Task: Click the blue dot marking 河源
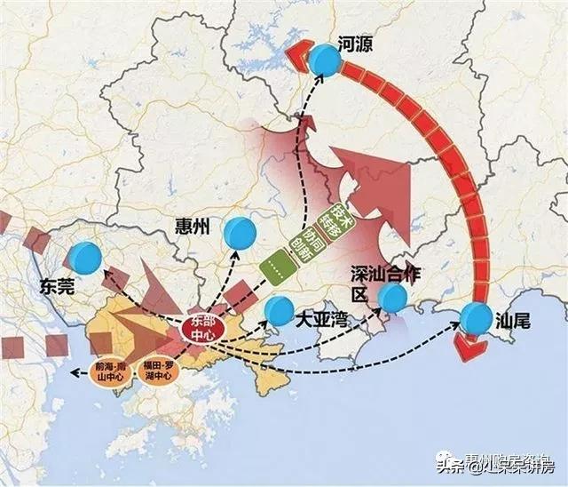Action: (x=326, y=60)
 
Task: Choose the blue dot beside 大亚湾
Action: (x=279, y=310)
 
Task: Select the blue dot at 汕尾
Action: (x=476, y=318)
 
